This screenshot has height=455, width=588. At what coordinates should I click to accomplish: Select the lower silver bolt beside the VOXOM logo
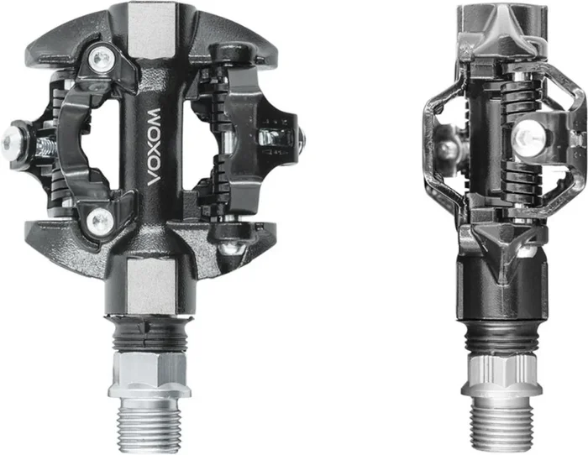(102, 222)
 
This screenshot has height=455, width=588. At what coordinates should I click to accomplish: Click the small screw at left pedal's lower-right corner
(228, 249)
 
